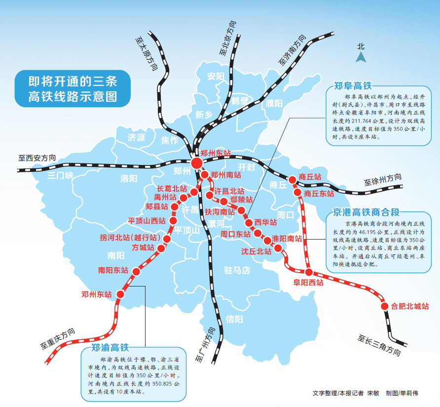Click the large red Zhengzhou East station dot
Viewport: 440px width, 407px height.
(x=197, y=163)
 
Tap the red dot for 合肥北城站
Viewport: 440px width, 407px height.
(x=385, y=306)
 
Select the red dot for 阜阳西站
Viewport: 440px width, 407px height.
(x=309, y=272)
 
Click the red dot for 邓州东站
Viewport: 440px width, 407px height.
(x=120, y=294)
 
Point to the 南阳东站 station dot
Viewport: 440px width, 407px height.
(x=136, y=272)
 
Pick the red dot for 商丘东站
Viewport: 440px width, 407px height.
(x=297, y=193)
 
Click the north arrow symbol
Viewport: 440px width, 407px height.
(x=361, y=57)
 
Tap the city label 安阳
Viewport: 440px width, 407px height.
(x=216, y=76)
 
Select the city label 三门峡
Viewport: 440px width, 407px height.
(x=60, y=176)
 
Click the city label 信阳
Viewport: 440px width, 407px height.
(x=234, y=319)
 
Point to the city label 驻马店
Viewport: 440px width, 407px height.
(x=237, y=270)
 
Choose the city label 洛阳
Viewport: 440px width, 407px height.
(x=129, y=178)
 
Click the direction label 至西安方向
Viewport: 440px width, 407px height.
(x=37, y=158)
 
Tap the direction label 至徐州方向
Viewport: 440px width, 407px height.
(x=383, y=180)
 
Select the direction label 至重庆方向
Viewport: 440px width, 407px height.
(x=58, y=339)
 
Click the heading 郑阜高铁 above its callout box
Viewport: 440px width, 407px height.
(x=353, y=86)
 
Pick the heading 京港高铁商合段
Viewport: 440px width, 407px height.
(x=366, y=212)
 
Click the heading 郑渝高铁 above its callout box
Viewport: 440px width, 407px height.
(x=110, y=348)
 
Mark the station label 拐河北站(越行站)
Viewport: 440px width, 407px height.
(x=130, y=238)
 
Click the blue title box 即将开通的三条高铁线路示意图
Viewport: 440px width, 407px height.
(x=73, y=88)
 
